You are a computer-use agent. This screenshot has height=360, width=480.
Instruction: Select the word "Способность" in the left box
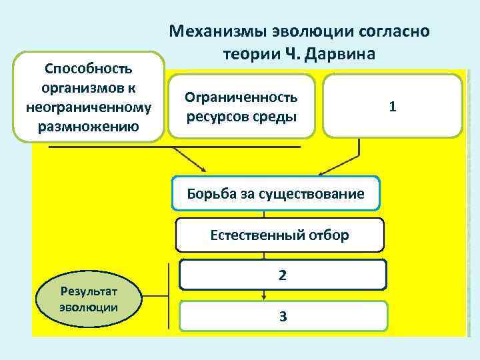point(89,68)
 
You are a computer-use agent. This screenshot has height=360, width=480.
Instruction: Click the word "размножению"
point(89,126)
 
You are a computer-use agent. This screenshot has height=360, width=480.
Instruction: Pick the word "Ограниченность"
point(242,97)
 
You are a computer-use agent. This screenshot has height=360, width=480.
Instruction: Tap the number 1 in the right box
point(393,106)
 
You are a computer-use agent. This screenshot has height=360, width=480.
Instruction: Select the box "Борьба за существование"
point(276,194)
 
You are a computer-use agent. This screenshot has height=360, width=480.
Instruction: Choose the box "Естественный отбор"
point(279,235)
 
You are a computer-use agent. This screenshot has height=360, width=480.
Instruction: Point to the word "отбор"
point(327,235)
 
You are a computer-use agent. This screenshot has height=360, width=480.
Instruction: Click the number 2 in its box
point(283,274)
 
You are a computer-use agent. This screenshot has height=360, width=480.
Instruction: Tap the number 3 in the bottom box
point(283,316)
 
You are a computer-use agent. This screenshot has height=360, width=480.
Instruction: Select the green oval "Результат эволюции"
point(89,299)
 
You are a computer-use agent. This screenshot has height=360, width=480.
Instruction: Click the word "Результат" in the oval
point(89,291)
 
